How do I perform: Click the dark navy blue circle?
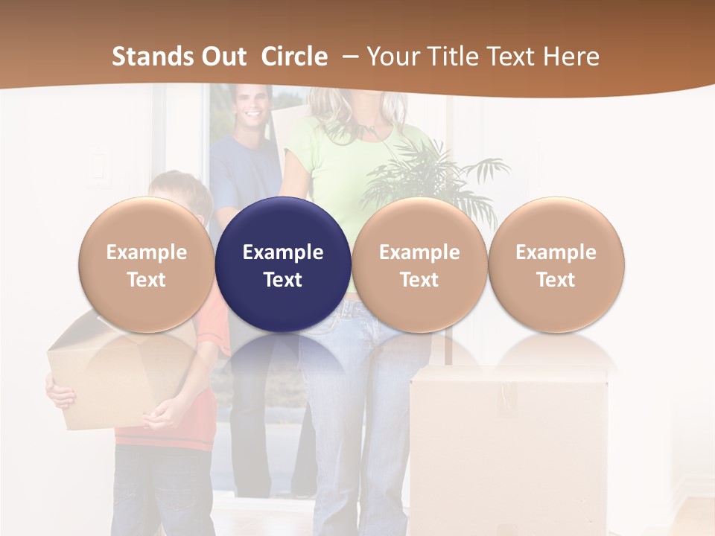283,264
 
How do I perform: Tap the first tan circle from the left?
147,264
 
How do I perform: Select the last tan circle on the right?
556,264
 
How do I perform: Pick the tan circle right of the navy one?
419,264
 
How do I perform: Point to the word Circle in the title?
294,57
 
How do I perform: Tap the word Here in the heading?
573,57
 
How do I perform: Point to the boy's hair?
179,186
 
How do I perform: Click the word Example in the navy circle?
283,252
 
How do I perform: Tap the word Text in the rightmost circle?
556,280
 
